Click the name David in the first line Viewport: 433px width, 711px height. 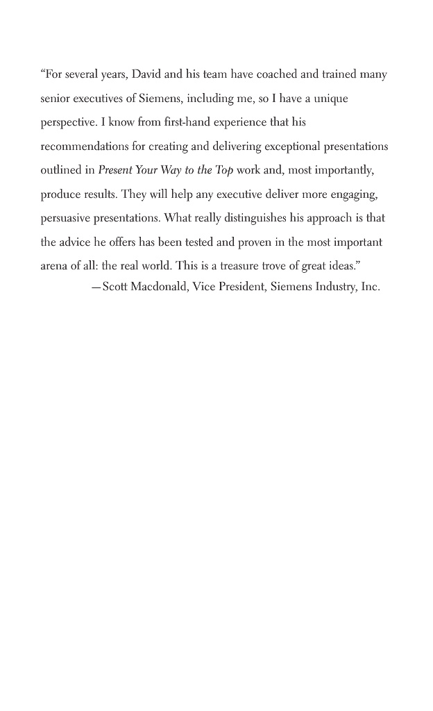pos(146,74)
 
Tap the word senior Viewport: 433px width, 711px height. pos(56,99)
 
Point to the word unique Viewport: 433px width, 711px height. pos(331,99)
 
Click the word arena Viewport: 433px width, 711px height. pos(54,266)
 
